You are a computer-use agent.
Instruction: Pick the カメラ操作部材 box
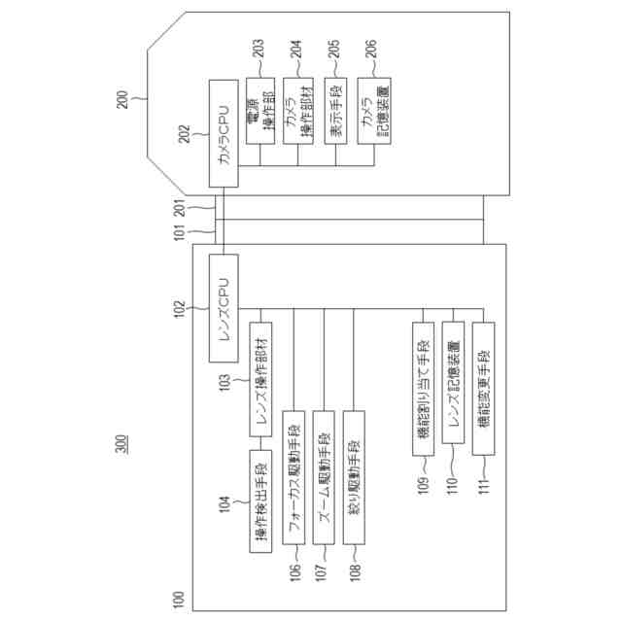(298, 112)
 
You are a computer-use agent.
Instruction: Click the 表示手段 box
(336, 112)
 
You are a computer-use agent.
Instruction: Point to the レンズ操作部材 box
(262, 380)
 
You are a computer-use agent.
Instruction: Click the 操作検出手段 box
(261, 501)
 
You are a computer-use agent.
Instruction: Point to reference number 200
(121, 97)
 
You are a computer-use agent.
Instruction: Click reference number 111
(483, 490)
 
